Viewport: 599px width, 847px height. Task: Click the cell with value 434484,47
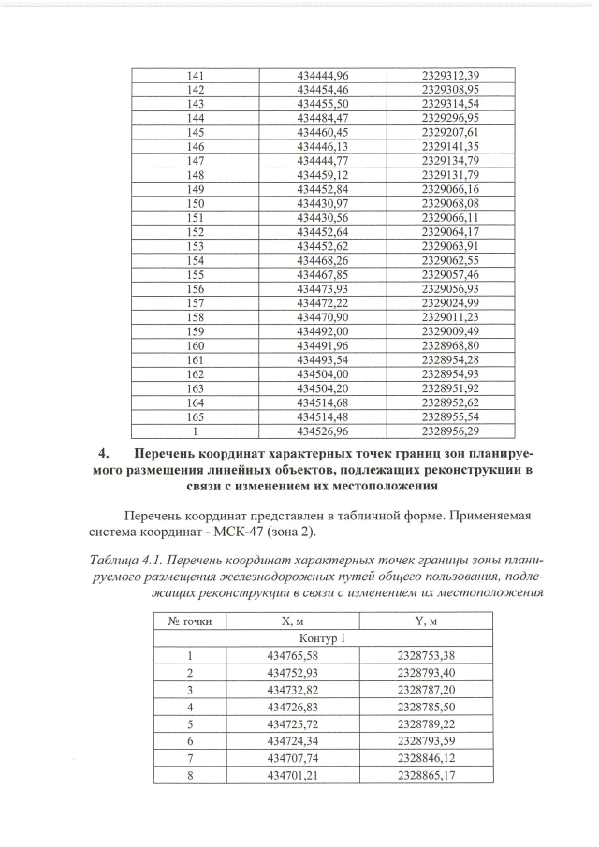coord(322,119)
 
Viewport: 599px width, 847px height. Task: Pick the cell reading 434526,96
coord(322,432)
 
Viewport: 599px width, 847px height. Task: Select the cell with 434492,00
coord(322,332)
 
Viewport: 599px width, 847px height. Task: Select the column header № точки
coord(190,621)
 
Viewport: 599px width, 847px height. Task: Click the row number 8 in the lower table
coord(190,776)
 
